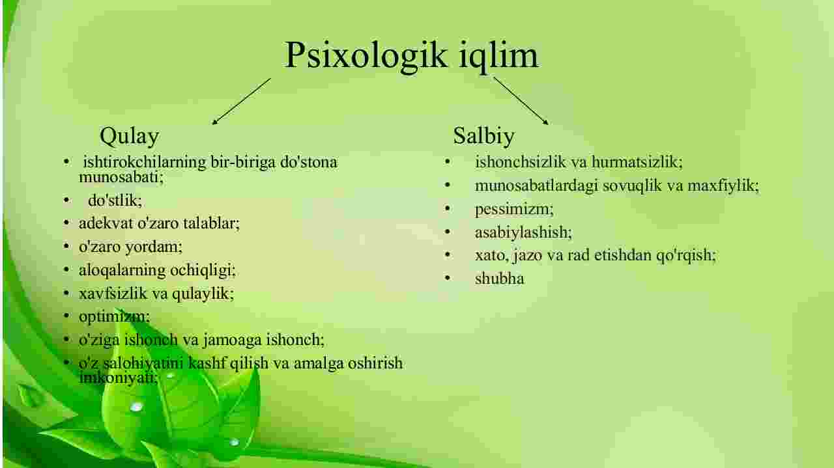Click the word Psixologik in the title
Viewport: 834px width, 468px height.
(x=366, y=56)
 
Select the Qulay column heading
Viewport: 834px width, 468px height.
(x=130, y=137)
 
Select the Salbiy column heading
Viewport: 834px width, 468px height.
(x=484, y=136)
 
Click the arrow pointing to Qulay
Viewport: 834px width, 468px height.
(x=241, y=101)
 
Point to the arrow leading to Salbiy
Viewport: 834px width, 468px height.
(x=521, y=101)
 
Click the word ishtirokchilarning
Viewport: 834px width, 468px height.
(x=145, y=163)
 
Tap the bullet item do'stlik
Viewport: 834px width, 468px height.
(x=115, y=201)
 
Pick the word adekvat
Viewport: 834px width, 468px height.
(x=106, y=223)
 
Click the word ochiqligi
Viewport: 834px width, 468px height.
(x=203, y=271)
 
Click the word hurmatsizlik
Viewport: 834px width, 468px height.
(x=637, y=163)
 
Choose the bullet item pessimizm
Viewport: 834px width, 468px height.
(x=514, y=210)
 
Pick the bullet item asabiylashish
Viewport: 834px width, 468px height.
(x=523, y=233)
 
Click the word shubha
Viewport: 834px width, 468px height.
(x=499, y=279)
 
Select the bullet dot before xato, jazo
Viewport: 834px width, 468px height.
(x=448, y=255)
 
